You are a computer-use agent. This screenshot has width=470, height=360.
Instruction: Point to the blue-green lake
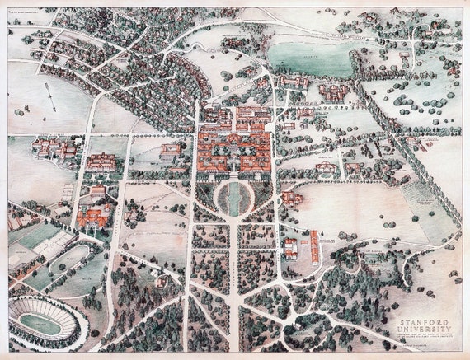coord(309,58)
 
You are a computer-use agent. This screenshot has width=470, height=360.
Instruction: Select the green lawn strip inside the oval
coord(235,199)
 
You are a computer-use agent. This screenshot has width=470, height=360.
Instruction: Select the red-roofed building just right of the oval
coord(290,199)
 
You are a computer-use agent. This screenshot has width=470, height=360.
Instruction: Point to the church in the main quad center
coord(234,153)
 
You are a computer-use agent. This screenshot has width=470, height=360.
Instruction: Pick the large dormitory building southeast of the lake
coord(334,91)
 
